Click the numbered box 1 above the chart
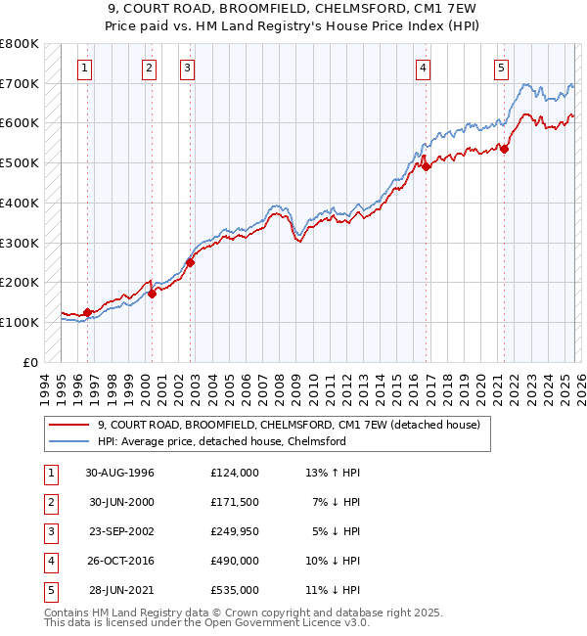point(86,68)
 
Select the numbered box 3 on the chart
point(187,68)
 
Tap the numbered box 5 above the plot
point(501,68)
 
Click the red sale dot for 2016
point(427,166)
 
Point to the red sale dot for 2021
point(505,149)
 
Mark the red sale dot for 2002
point(191,262)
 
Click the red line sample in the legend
point(68,426)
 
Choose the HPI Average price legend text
point(222,442)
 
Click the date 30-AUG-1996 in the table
point(120,473)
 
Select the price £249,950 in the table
point(235,531)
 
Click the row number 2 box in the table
point(50,502)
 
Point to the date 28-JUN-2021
point(120,590)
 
